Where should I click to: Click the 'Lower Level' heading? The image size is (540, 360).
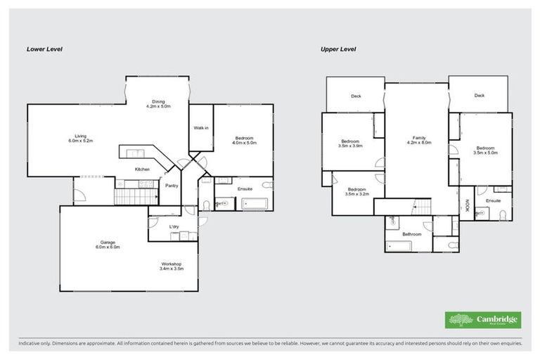(x=45, y=49)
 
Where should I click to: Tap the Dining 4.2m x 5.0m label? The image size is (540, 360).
(x=157, y=103)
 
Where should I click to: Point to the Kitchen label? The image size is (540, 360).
(x=142, y=169)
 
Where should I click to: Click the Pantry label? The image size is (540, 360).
(x=171, y=186)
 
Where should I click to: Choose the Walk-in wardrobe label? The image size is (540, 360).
(x=200, y=128)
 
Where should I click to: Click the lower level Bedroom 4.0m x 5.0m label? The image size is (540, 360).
(x=244, y=140)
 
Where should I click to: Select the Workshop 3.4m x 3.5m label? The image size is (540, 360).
(x=171, y=266)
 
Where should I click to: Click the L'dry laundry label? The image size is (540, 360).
(x=174, y=226)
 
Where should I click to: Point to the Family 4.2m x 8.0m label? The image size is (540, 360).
(x=418, y=140)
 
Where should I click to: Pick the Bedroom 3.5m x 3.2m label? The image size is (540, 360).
(x=356, y=191)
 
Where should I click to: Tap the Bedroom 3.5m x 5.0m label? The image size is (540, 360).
(x=485, y=150)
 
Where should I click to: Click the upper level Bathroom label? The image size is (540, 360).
(x=411, y=234)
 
